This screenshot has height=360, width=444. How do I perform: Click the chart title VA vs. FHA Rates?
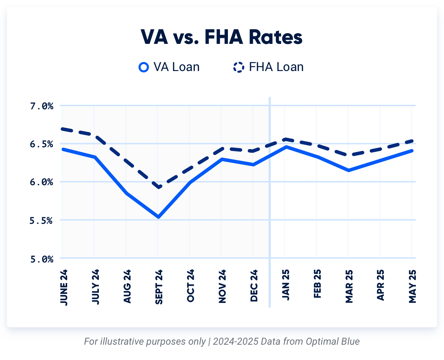tap(222, 37)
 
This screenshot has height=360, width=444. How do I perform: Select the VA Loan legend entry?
tap(169, 67)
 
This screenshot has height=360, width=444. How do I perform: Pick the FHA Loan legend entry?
tap(268, 67)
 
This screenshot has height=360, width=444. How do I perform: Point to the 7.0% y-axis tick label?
tap(42, 106)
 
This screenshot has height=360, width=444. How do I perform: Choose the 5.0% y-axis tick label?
tap(42, 259)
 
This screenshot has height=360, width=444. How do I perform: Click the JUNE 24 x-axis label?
tap(64, 287)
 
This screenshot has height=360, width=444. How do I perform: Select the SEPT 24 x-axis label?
tap(159, 287)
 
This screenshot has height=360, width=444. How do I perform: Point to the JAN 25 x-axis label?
tap(286, 285)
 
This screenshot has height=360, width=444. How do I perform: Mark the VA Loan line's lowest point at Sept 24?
tap(159, 217)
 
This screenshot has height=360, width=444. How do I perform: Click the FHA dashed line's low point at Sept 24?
tap(159, 187)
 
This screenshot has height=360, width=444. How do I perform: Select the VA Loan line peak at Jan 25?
tap(286, 147)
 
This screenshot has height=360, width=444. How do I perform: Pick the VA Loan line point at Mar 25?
tap(349, 170)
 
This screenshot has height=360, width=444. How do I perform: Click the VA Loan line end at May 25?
tap(412, 150)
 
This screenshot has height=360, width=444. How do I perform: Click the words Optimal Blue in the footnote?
tap(333, 341)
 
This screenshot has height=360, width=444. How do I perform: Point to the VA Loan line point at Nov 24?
tap(222, 159)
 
